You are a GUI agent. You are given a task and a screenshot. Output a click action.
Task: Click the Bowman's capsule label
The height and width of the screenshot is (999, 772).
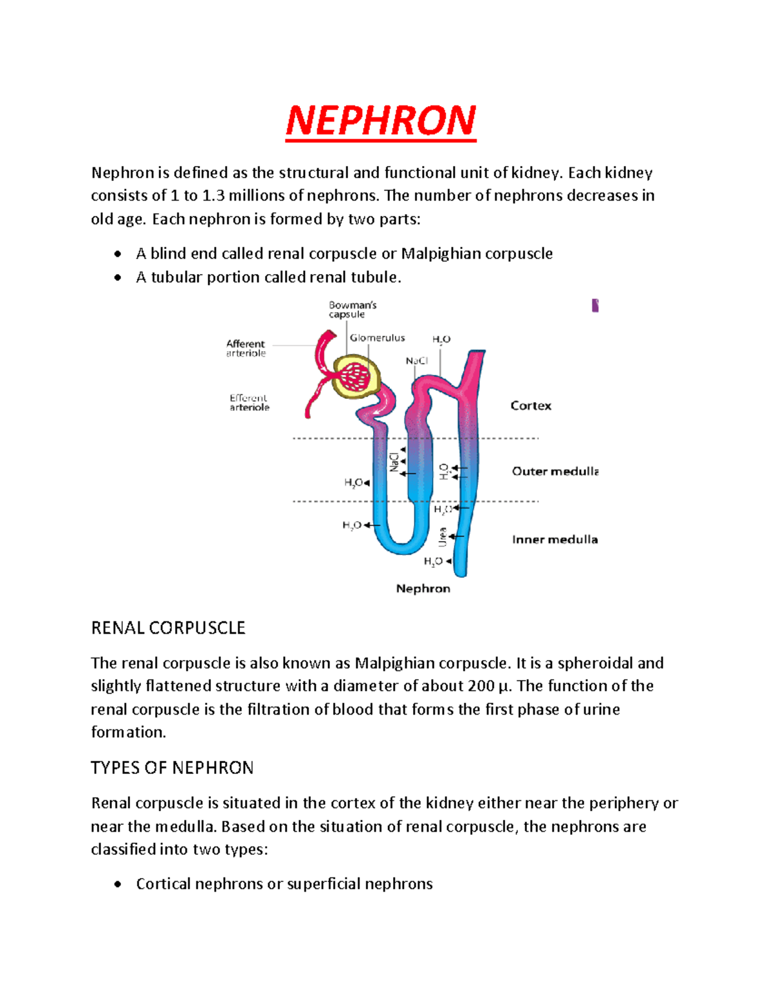pos(352,309)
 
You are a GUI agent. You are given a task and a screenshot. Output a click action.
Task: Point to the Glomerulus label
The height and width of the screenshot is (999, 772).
pos(377,338)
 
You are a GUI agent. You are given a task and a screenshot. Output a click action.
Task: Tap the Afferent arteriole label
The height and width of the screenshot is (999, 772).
pos(246,348)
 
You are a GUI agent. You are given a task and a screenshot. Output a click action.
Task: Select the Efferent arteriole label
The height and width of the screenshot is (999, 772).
pos(249,402)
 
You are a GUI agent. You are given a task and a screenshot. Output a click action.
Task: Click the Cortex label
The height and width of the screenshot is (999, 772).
pos(531,406)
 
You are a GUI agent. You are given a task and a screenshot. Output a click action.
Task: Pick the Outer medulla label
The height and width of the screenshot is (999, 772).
pos(555,472)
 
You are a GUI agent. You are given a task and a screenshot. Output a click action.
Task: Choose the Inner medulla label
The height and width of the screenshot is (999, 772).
pos(555,540)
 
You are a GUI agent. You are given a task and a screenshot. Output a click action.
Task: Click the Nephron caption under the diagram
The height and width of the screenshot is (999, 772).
pos(423,589)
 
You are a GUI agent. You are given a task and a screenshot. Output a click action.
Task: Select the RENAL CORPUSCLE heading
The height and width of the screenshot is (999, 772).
pos(168,628)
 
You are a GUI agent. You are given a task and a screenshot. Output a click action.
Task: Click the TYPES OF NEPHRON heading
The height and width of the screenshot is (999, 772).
pos(172,767)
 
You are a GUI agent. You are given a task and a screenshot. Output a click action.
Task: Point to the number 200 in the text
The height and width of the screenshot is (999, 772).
pos(481,686)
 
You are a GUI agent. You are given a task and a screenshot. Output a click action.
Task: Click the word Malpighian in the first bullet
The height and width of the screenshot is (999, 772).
pos(441,253)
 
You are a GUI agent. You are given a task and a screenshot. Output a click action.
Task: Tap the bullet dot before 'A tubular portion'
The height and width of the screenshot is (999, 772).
pos(117,278)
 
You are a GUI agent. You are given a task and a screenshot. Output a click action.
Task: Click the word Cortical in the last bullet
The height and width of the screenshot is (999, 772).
pos(163,884)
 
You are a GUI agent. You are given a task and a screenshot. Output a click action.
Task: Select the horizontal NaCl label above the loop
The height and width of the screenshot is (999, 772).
pos(416,361)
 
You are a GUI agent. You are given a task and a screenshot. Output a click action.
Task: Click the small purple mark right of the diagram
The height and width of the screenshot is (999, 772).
pos(595,306)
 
